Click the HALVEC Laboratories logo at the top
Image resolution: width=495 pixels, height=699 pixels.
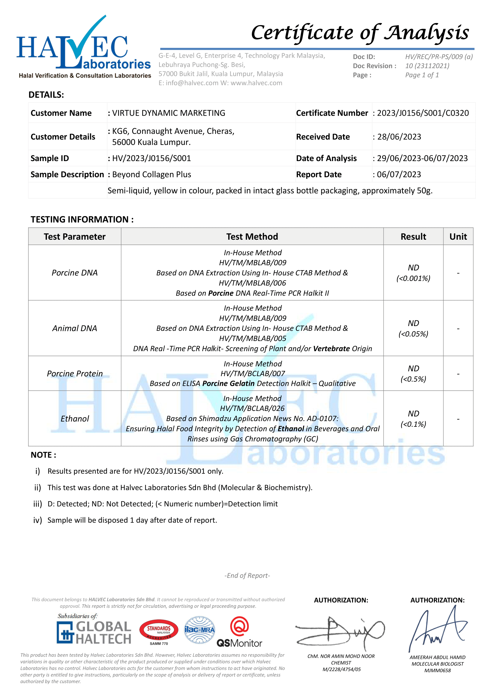(83, 47)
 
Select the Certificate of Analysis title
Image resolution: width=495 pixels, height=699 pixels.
(360, 33)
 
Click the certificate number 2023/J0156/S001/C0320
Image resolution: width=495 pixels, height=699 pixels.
(423, 113)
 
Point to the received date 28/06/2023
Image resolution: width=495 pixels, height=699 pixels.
(399, 137)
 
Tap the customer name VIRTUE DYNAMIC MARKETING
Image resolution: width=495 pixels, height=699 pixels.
(169, 113)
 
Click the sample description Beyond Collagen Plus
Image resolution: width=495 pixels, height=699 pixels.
(151, 175)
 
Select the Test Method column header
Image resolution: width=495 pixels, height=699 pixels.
(252, 237)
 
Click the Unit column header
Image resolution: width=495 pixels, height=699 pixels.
(458, 237)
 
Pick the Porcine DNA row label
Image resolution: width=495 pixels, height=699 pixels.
(75, 273)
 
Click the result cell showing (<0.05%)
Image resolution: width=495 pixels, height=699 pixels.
(413, 334)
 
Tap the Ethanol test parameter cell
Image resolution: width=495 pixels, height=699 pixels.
(75, 419)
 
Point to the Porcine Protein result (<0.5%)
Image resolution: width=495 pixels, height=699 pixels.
(413, 379)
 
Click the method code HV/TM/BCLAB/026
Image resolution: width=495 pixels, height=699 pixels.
(252, 409)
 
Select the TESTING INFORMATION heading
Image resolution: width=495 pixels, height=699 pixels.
(82, 219)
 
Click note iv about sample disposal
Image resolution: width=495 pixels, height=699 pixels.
(132, 520)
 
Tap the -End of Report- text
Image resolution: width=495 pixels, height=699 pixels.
(247, 575)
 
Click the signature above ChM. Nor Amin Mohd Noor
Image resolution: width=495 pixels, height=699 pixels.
(340, 632)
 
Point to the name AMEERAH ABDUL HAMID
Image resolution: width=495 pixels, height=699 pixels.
(437, 657)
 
